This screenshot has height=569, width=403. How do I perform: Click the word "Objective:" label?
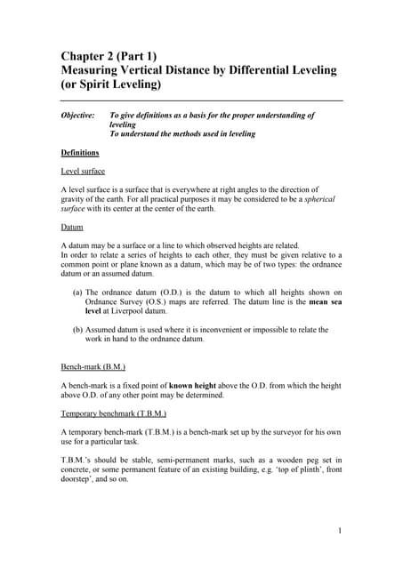[x=77, y=116]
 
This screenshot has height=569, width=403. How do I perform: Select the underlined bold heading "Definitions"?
[x=80, y=153]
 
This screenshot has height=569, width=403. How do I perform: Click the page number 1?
[x=340, y=531]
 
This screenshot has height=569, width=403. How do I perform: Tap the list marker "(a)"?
[x=77, y=293]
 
